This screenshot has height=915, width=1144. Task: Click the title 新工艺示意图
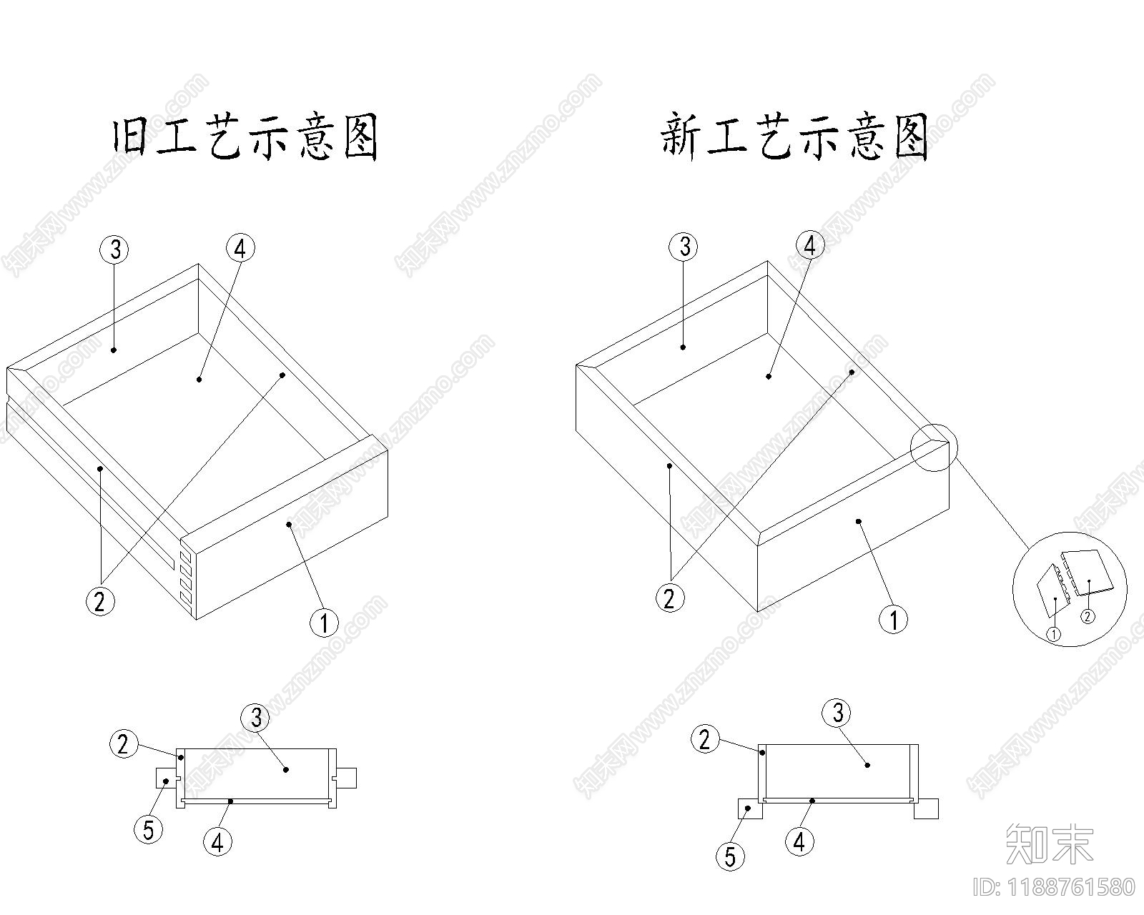click(794, 137)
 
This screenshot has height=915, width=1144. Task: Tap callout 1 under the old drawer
click(323, 623)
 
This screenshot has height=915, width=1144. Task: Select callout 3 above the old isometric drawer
click(114, 249)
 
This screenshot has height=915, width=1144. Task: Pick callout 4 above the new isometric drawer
click(809, 246)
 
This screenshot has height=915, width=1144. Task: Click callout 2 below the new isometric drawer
click(669, 598)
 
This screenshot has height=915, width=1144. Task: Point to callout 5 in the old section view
click(148, 830)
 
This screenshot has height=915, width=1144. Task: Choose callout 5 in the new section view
click(730, 856)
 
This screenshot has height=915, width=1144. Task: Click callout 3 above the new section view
click(837, 712)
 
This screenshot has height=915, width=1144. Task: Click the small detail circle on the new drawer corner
click(933, 447)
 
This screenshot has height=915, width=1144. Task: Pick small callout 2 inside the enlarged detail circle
click(1087, 615)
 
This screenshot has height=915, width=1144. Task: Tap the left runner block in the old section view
click(165, 778)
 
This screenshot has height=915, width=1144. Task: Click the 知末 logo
click(1049, 843)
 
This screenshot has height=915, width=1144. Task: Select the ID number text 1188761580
click(1054, 887)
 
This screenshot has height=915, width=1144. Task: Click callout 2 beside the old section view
click(123, 744)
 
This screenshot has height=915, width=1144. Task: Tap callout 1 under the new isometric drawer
click(892, 619)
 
